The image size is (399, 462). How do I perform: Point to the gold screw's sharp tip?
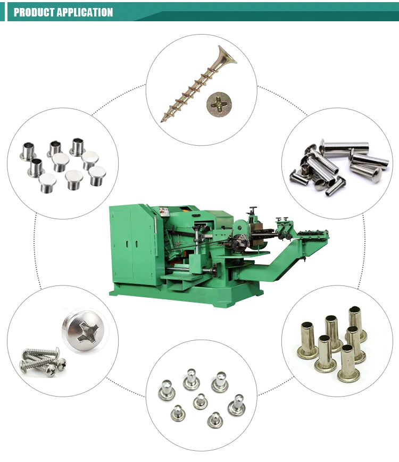coord(163,120)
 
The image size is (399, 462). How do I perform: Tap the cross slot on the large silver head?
coord(86,332)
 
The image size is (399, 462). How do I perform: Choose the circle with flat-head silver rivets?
coord(61,162)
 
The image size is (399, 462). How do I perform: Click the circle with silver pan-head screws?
coord(61,341)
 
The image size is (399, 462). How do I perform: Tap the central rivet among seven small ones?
coord(200,400)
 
